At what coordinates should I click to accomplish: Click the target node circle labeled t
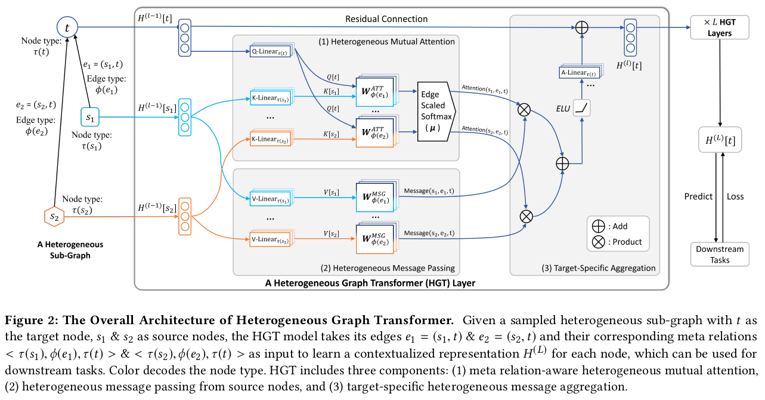pos(67,27)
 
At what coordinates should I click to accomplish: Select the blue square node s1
pos(90,118)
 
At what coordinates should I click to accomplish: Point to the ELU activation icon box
pos(581,108)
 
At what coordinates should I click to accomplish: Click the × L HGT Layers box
pos(719,27)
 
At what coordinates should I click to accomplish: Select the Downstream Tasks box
pos(720,254)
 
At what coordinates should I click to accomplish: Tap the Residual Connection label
pos(386,19)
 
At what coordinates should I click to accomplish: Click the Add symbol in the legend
pos(598,226)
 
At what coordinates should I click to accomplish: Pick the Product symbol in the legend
pos(598,242)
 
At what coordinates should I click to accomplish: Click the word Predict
pos(698,196)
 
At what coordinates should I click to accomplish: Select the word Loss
pos(735,196)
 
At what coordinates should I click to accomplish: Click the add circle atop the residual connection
pos(581,27)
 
